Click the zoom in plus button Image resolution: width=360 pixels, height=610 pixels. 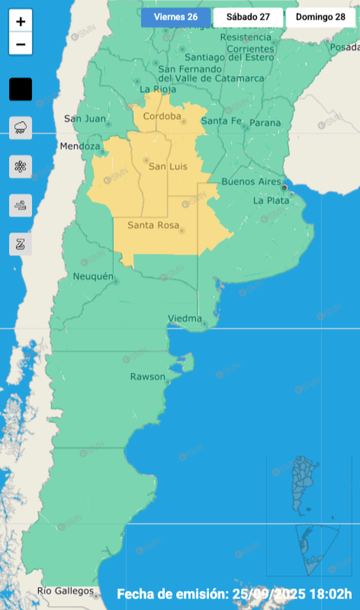tap(21, 22)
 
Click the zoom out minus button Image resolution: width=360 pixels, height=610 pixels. tap(21, 44)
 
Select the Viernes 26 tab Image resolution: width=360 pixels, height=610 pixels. tap(176, 17)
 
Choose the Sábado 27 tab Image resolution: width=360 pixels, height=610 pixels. tap(248, 17)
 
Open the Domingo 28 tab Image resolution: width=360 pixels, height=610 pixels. tap(320, 17)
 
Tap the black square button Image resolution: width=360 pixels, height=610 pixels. tap(21, 89)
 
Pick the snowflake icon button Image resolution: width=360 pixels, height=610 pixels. tap(21, 166)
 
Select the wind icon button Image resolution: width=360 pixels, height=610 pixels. tap(21, 205)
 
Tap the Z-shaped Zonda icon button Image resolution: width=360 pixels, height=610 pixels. tap(21, 244)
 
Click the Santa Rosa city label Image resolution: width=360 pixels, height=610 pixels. tap(149, 225)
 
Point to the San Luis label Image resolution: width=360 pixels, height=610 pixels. tap(168, 166)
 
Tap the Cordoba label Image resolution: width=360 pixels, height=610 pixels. tap(162, 116)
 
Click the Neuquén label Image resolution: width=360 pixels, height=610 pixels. tap(93, 276)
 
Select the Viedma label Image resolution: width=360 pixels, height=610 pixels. tap(185, 319)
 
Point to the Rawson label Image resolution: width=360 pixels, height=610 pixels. tap(148, 376)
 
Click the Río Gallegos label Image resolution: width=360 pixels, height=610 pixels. tap(65, 591)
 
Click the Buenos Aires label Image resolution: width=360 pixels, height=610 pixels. tap(251, 182)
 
